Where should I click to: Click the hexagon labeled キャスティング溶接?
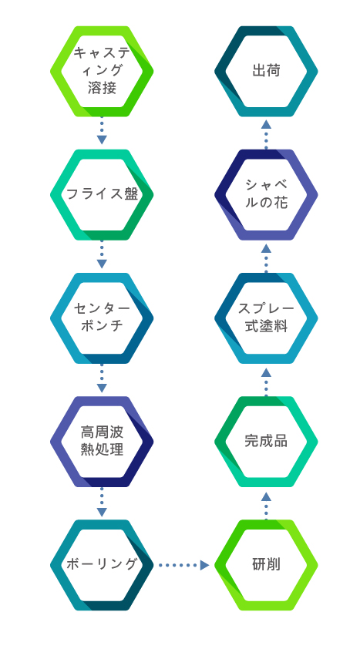coord(56,72)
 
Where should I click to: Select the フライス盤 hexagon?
coord(56,195)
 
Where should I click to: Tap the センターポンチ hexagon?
coord(56,318)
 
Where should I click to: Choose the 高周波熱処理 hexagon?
coord(56,442)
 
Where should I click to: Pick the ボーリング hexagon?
coord(56,565)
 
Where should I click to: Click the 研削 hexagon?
coord(220,565)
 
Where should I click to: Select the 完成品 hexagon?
coord(220,442)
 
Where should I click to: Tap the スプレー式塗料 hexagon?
coord(220,318)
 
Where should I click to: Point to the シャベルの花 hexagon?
coord(220,195)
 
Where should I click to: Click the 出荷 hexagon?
coord(220,72)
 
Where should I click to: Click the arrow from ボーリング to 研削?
coord(184,565)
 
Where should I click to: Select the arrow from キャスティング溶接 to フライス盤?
coord(102,131)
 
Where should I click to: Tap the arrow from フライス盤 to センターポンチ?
coord(102,254)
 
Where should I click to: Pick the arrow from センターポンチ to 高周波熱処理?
coord(102,378)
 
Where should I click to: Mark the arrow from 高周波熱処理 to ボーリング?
coord(102,502)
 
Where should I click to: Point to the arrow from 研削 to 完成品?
coord(266,506)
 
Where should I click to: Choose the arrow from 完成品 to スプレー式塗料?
coord(266,382)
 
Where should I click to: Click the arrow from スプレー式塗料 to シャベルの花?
coord(266,259)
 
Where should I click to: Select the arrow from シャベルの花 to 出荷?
coord(266,135)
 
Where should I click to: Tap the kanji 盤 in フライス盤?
coord(131,193)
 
